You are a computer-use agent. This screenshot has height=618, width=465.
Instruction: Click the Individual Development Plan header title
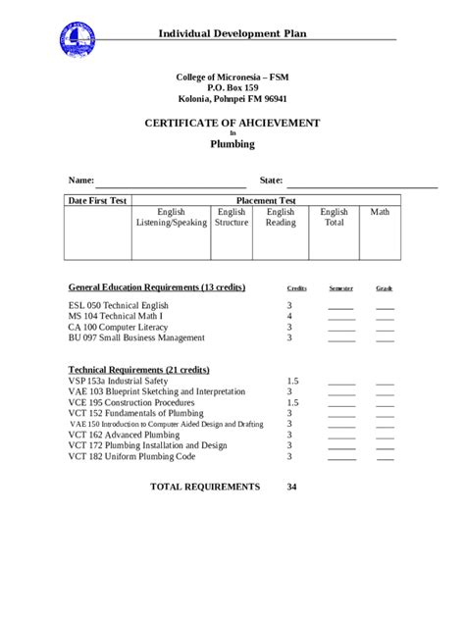click(x=232, y=33)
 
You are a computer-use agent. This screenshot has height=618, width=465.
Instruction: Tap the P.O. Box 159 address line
click(x=232, y=87)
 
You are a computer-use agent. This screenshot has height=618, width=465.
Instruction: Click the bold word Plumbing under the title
click(x=232, y=144)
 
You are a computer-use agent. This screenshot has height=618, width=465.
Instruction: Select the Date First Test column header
click(x=97, y=200)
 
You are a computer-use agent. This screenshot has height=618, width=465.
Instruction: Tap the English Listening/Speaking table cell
click(x=171, y=217)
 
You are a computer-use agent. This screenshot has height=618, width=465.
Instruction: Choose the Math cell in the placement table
click(x=380, y=212)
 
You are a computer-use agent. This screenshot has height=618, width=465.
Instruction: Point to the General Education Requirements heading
click(x=156, y=287)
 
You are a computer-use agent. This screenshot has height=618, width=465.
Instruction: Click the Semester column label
click(x=340, y=288)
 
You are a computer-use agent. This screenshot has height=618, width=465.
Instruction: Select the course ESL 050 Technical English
click(x=119, y=306)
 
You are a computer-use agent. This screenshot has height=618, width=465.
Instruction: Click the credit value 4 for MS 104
click(x=289, y=317)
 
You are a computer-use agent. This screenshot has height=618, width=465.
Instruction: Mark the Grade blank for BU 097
click(x=385, y=340)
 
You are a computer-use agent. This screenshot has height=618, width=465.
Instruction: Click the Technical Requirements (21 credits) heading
click(x=138, y=370)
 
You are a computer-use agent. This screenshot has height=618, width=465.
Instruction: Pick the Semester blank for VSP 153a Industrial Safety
click(x=341, y=383)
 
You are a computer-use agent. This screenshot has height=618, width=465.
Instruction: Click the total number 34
click(x=292, y=487)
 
